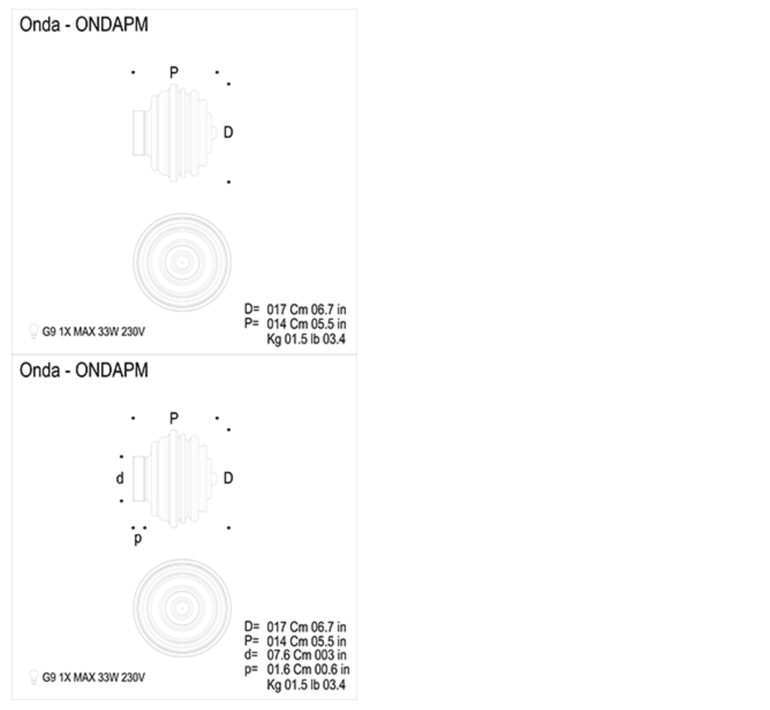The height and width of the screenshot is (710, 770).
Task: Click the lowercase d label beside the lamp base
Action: pos(120,478)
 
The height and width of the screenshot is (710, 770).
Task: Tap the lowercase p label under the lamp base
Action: pos(138,539)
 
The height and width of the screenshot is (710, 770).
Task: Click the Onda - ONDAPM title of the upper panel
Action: pos(84,25)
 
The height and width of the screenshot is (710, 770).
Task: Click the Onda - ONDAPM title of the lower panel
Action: pos(84,370)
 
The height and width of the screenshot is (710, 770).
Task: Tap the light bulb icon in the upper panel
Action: pos(33,331)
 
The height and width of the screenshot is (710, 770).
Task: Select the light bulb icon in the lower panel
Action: pos(33,677)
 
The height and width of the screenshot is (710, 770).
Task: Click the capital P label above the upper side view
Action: pos(174,73)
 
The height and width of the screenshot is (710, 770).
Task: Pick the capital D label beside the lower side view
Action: pos(228,478)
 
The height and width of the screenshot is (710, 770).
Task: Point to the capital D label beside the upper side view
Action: pos(228,133)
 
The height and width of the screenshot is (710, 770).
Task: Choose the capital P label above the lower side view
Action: pos(174,418)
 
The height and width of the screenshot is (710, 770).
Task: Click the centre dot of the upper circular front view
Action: pos(182,262)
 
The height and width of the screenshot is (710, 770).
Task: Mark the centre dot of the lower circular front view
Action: pos(182,608)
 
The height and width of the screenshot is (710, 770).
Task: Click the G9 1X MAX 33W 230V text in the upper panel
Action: pos(93,332)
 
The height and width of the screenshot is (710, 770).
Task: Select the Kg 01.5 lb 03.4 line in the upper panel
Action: pos(305,339)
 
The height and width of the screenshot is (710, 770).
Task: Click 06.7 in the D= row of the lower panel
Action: pos(322,627)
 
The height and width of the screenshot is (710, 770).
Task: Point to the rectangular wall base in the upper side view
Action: pos(138,133)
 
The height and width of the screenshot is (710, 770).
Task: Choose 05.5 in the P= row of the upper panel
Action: pos(322,324)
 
